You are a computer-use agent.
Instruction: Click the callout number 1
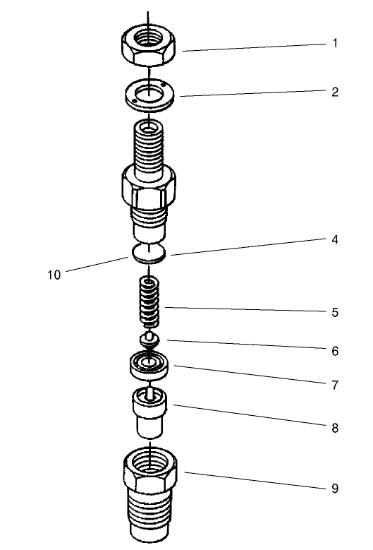click(335, 43)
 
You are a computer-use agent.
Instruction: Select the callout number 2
click(335, 92)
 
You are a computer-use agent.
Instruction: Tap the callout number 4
click(335, 239)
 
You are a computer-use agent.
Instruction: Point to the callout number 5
click(335, 312)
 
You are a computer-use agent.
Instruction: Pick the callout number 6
click(335, 350)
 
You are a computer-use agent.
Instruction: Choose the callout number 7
click(335, 385)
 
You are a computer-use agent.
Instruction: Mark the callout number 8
click(335, 428)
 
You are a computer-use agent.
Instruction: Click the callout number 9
click(335, 488)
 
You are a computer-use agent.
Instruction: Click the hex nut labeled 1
click(149, 46)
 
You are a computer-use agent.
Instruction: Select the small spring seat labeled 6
click(149, 340)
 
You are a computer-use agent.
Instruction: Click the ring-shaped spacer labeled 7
click(149, 365)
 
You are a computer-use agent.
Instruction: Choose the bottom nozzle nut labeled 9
click(149, 494)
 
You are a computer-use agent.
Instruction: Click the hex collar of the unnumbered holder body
click(149, 186)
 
